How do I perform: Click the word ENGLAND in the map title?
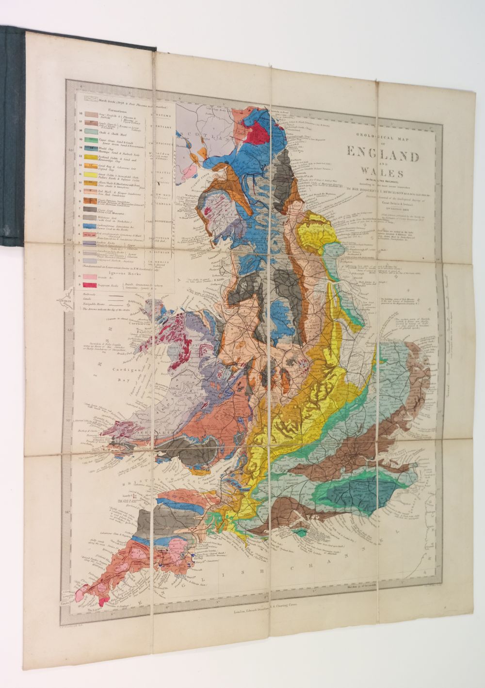(383, 154)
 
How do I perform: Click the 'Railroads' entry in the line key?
(89, 294)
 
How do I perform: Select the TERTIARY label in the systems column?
(162, 127)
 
